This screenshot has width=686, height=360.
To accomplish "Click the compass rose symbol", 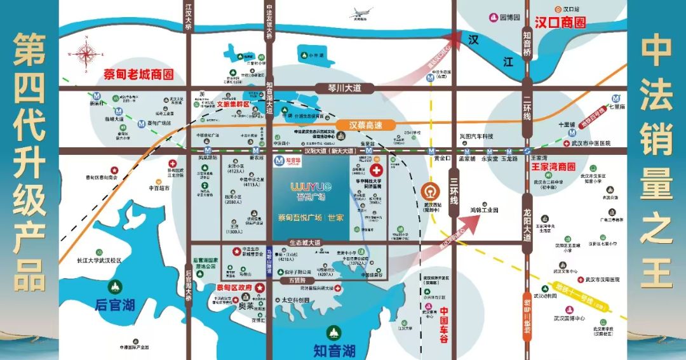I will click(84, 55).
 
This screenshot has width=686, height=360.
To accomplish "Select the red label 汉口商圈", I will click(560, 23).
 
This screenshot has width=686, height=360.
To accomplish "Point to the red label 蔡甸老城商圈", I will click(138, 74).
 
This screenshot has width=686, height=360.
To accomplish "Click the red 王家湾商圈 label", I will click(553, 167).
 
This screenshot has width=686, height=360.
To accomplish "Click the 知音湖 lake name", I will click(334, 350).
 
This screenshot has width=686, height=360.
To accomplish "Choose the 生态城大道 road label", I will click(306, 243).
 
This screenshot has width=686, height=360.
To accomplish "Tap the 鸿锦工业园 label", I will click(484, 210).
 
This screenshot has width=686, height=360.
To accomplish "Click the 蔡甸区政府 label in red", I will click(230, 288).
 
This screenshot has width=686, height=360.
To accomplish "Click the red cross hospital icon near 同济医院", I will click(377, 171).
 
